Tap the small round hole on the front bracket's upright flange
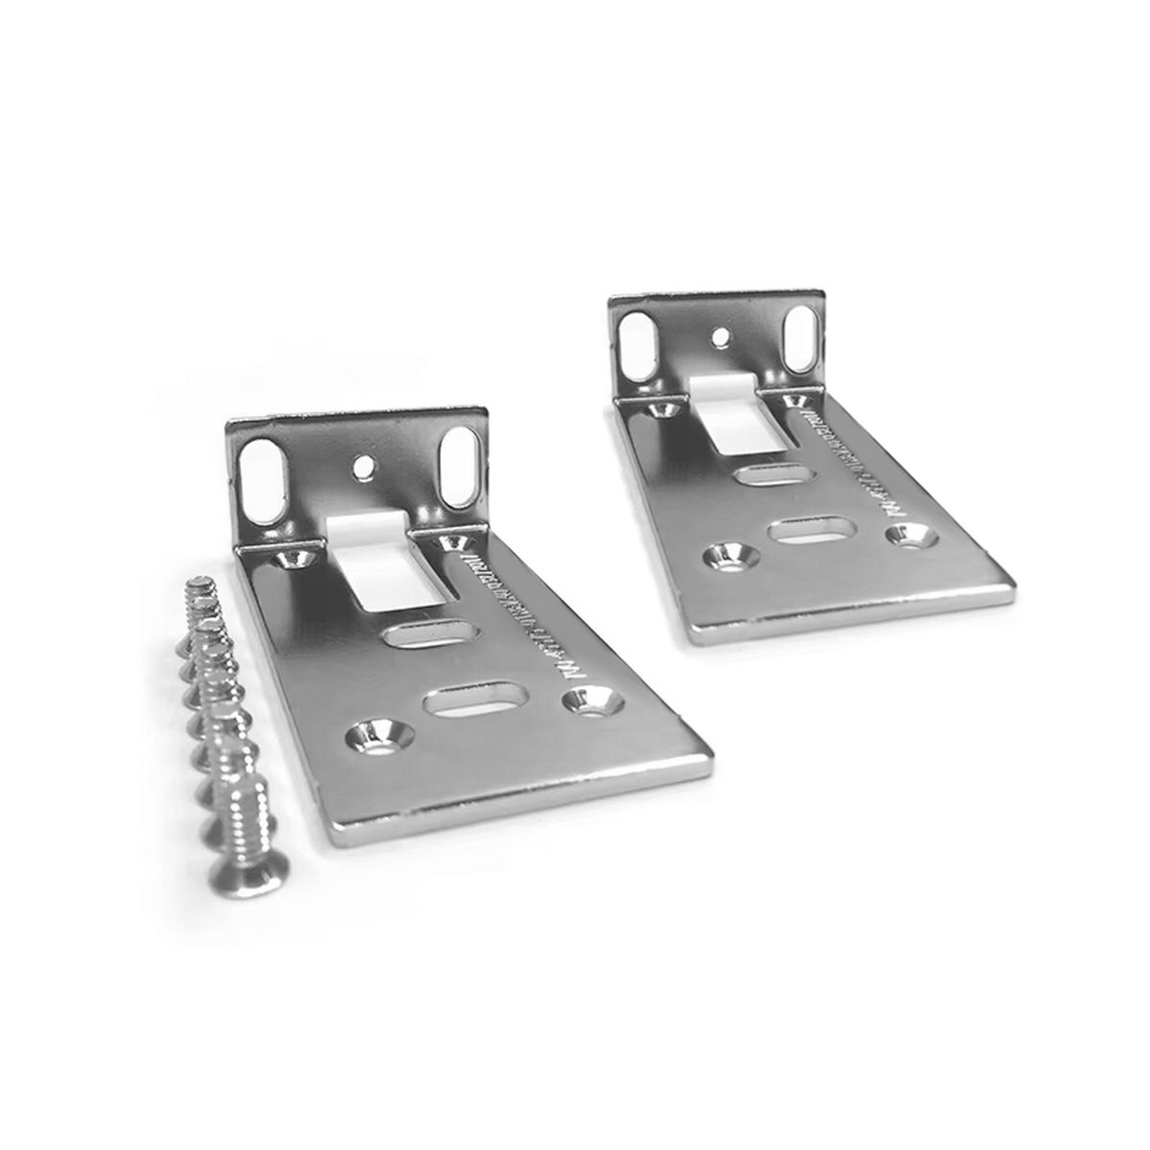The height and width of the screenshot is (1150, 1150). tap(362, 469)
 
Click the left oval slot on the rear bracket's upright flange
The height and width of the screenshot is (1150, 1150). tap(635, 342)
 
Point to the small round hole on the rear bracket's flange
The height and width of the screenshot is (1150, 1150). tap(720, 335)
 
